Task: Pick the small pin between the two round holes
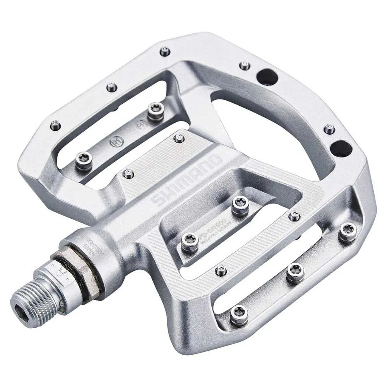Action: pos(329,129)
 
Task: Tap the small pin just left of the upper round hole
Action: pos(245,65)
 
